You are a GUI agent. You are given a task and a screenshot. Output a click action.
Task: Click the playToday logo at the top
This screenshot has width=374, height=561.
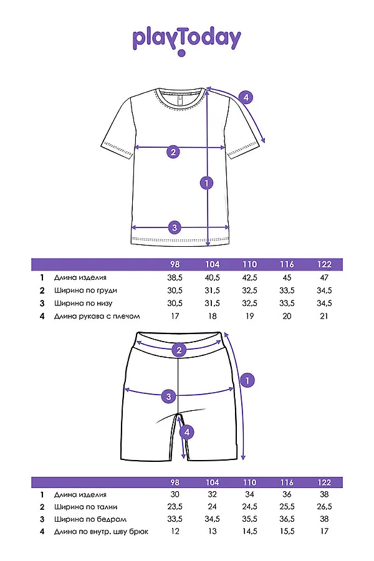(x=186, y=39)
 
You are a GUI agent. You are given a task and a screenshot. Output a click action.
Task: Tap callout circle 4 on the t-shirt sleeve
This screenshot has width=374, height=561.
(x=246, y=97)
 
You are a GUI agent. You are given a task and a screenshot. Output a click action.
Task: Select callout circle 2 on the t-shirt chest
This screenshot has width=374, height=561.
(x=173, y=151)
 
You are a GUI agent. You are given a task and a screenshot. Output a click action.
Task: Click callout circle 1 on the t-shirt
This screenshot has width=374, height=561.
(x=206, y=183)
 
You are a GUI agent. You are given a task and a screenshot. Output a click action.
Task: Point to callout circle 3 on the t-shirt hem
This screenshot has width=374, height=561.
(x=175, y=227)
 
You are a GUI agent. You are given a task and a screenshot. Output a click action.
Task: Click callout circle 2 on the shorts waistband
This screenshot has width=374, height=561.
(x=180, y=350)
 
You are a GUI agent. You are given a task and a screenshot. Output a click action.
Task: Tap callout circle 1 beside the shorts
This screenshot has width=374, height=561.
(x=247, y=380)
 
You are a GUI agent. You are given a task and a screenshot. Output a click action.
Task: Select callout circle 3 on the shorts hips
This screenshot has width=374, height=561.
(x=167, y=396)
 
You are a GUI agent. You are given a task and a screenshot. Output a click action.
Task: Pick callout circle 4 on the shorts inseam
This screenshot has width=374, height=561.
(x=185, y=431)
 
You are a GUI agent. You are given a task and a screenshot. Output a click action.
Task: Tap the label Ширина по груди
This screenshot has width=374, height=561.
(x=85, y=290)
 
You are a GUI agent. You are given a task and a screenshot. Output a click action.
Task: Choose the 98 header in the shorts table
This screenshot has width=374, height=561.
(x=175, y=482)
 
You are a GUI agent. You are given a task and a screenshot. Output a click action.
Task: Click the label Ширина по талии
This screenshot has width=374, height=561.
(x=85, y=507)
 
